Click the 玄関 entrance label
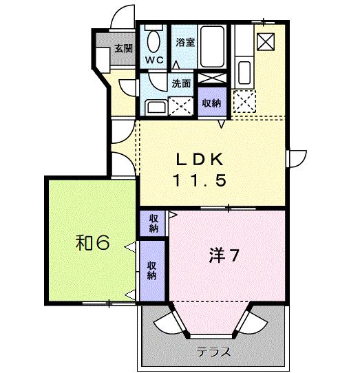coord(123,49)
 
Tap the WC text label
coord(155,60)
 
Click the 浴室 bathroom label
coord(185,42)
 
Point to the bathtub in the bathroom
coord(212,47)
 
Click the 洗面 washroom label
coord(181,83)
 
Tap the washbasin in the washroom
coord(156,107)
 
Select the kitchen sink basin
coord(244,72)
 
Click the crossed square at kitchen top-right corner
coord(266,41)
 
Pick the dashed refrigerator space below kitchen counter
coord(244,101)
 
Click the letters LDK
coord(200,160)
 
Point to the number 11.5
coord(200,180)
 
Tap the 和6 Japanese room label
coord(92,243)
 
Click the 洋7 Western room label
coord(224,255)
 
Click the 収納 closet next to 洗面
coord(212,103)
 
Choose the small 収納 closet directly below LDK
coord(153,223)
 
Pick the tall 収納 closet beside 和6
coord(152,270)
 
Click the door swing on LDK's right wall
coord(297,158)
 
